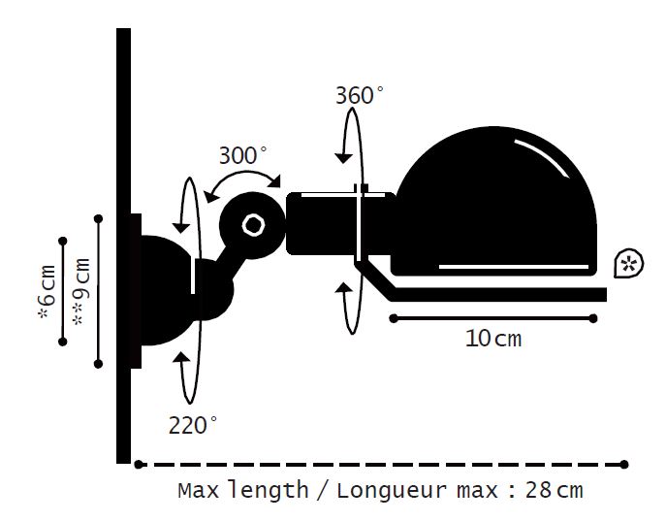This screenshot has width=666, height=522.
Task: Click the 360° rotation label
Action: [360, 95]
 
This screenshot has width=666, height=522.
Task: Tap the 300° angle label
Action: [243, 155]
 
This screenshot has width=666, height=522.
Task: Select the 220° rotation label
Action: [193, 425]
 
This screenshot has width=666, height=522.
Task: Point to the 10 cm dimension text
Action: [493, 339]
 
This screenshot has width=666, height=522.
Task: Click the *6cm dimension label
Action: [48, 292]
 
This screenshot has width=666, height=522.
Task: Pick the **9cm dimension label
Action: [81, 292]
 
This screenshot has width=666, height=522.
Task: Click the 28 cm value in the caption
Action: [555, 490]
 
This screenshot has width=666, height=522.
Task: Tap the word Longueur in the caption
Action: [392, 491]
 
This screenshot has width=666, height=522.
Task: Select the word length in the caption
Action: [268, 490]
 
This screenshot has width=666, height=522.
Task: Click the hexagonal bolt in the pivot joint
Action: [254, 225]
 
